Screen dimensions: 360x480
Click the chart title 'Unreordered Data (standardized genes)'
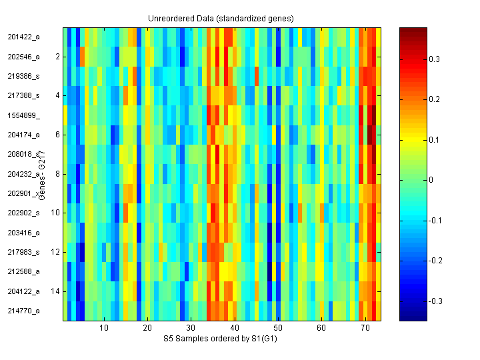[221, 18]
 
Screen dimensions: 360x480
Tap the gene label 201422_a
[23, 37]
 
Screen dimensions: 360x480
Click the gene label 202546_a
[23, 57]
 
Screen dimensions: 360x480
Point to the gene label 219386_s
[23, 76]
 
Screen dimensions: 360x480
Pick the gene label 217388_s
[23, 96]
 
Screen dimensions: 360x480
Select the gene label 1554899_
[23, 115]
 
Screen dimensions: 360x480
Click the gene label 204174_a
[23, 135]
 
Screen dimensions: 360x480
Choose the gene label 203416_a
[23, 233]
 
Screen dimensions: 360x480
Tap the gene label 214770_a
[23, 311]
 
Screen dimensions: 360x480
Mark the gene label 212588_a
[23, 271]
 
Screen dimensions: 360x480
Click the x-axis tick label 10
[104, 329]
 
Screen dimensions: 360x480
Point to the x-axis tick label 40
[235, 329]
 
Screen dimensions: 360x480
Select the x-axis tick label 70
[365, 329]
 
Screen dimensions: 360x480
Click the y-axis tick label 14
[56, 291]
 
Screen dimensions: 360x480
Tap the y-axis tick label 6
[57, 135]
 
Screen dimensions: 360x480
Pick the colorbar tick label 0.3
[434, 59]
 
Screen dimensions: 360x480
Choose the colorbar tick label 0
[431, 180]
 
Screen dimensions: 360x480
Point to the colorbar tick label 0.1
[434, 140]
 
